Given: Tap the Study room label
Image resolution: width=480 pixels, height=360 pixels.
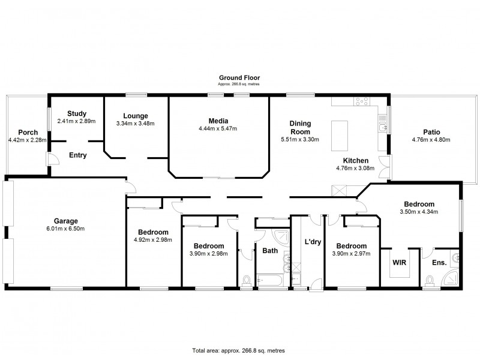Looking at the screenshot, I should point(77,113).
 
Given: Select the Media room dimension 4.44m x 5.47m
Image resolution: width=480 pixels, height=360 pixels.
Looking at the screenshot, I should point(218,128).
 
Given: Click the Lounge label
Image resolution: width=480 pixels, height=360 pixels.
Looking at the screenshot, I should point(135,116).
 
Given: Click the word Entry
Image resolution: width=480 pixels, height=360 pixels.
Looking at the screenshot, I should point(78,155).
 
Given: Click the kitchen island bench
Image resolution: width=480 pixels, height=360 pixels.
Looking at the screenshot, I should point(340,134).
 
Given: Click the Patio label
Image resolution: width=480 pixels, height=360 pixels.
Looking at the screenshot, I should point(431,131).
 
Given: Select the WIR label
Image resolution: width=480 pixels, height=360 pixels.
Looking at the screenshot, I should point(399,263).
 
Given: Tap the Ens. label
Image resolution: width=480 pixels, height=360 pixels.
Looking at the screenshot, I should point(439,263).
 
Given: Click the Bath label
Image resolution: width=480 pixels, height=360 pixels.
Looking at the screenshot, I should point(270,251).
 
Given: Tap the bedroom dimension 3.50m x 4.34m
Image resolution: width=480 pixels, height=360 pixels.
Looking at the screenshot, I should point(419,212).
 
